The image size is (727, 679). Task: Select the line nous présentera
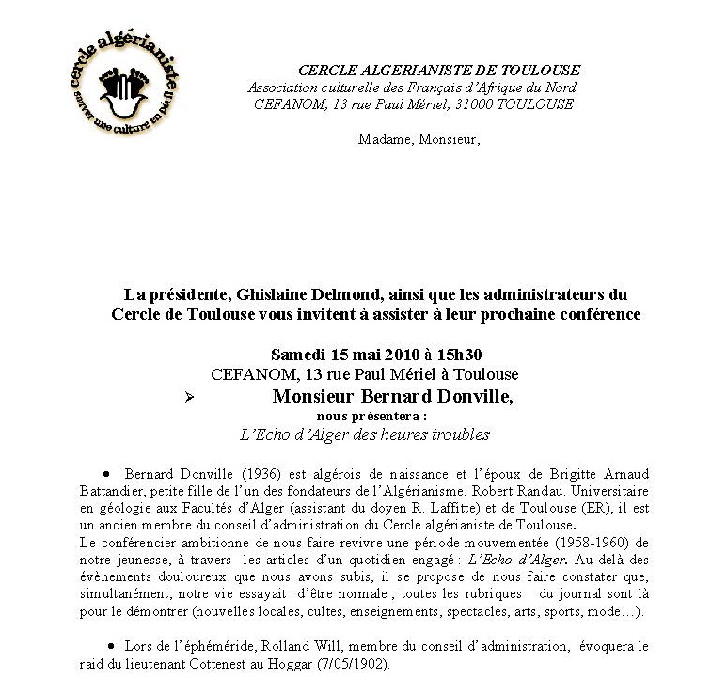(371, 415)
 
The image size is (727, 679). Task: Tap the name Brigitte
(552, 474)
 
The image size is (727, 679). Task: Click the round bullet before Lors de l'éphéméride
(110, 646)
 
